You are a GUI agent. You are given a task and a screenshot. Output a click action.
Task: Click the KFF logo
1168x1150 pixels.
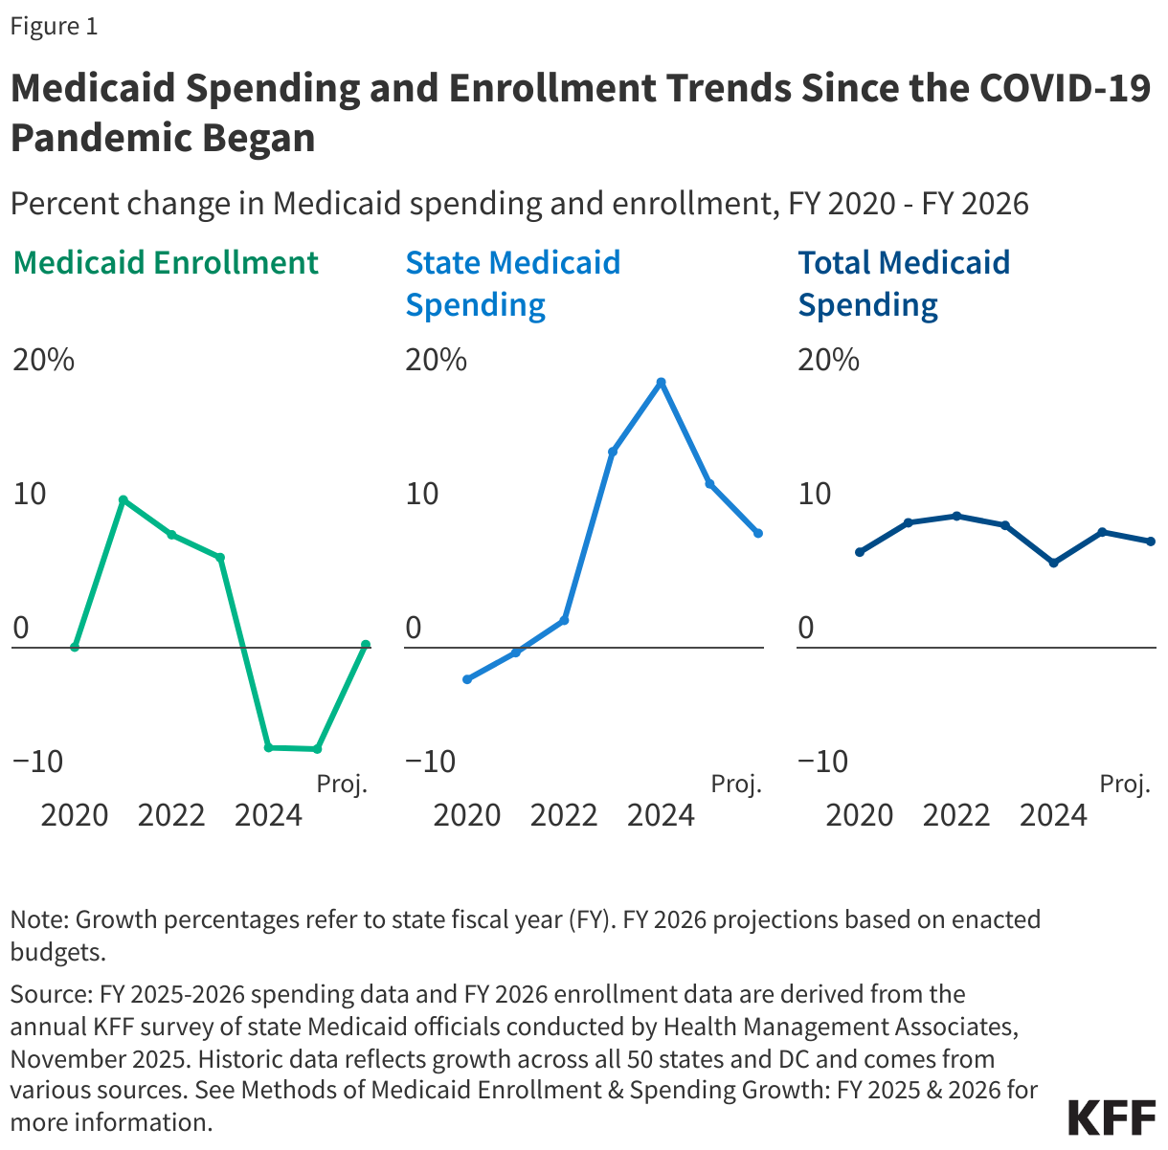pyautogui.click(x=1111, y=1117)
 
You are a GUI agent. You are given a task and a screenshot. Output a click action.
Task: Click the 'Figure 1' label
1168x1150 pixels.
pyautogui.click(x=54, y=26)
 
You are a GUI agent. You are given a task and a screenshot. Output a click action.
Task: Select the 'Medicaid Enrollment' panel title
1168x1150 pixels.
pyautogui.click(x=166, y=262)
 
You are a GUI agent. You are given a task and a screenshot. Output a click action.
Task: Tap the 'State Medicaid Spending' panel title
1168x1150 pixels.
pyautogui.click(x=512, y=283)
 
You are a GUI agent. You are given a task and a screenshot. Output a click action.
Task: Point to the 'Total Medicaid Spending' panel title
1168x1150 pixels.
pyautogui.click(x=904, y=283)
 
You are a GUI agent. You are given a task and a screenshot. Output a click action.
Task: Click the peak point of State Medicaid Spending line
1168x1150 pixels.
pyautogui.click(x=661, y=383)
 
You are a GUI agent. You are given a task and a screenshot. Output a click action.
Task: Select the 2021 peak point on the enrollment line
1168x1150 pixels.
pyautogui.click(x=123, y=499)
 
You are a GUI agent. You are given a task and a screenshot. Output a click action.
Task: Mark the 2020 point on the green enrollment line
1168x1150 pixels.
pyautogui.click(x=75, y=648)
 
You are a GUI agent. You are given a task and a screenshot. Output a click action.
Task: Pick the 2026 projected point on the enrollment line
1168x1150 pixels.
pyautogui.click(x=366, y=645)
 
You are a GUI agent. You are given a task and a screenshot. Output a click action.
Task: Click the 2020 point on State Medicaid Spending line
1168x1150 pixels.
pyautogui.click(x=467, y=679)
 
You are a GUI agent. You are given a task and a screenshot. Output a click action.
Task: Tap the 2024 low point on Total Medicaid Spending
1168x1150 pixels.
pyautogui.click(x=1053, y=563)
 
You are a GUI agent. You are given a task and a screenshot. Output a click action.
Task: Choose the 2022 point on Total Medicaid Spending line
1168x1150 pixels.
pyautogui.click(x=956, y=516)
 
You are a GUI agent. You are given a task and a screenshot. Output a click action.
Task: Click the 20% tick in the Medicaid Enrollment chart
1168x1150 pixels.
pyautogui.click(x=43, y=361)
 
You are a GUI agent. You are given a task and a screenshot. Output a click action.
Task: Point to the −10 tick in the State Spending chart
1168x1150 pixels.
pyautogui.click(x=436, y=762)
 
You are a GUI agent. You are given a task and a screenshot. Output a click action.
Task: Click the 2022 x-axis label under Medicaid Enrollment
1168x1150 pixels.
pyautogui.click(x=171, y=815)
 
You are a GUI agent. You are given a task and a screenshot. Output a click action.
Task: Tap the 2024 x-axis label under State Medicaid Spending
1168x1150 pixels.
pyautogui.click(x=661, y=815)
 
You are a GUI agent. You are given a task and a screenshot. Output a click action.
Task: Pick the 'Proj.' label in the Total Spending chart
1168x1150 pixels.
pyautogui.click(x=1124, y=785)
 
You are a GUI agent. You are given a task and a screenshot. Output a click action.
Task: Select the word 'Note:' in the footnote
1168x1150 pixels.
pyautogui.click(x=39, y=920)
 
